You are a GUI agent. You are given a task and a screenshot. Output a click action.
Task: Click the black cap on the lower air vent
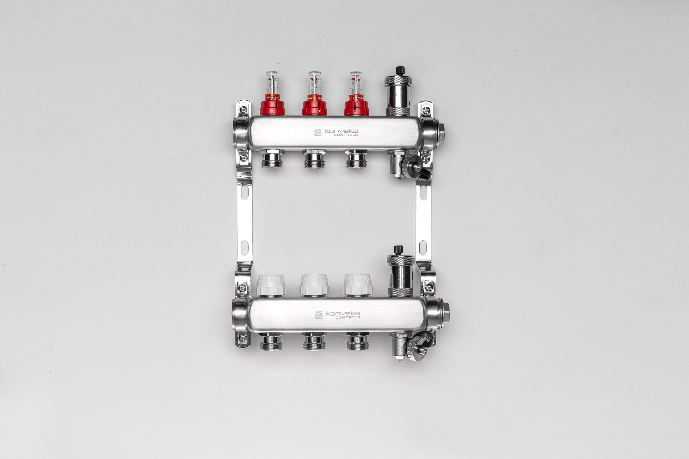pos(398,250)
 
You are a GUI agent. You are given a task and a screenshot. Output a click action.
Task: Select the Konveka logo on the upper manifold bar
pos(336,132)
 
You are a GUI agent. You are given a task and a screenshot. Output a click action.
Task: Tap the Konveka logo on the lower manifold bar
pos(338,315)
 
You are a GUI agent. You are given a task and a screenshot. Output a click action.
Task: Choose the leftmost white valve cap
pos(271,285)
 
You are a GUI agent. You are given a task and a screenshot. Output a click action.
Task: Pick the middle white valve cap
pos(314,285)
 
